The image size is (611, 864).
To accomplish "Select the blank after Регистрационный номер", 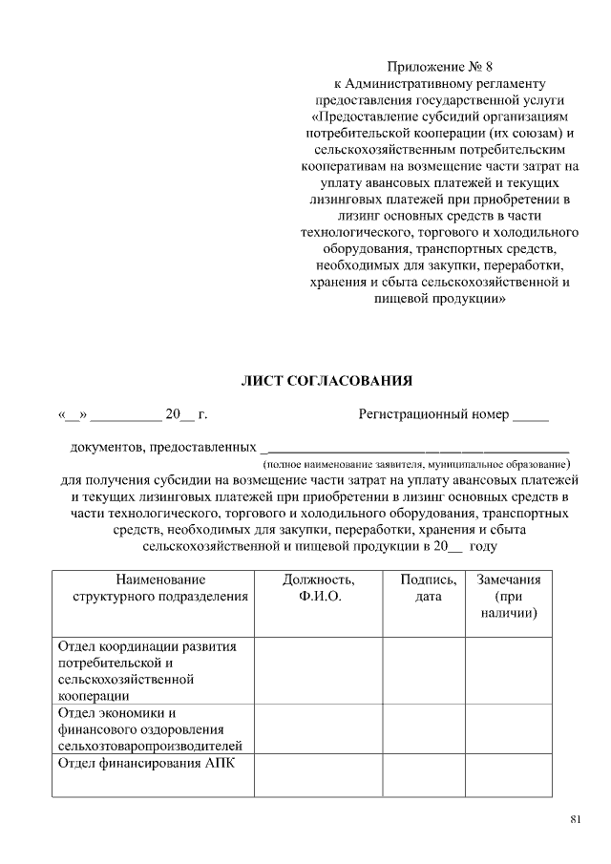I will point(531,415).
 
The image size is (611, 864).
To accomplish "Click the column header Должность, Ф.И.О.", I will point(319,587).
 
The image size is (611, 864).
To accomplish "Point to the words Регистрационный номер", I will point(433,415).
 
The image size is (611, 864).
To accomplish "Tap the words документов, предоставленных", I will point(163,447).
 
